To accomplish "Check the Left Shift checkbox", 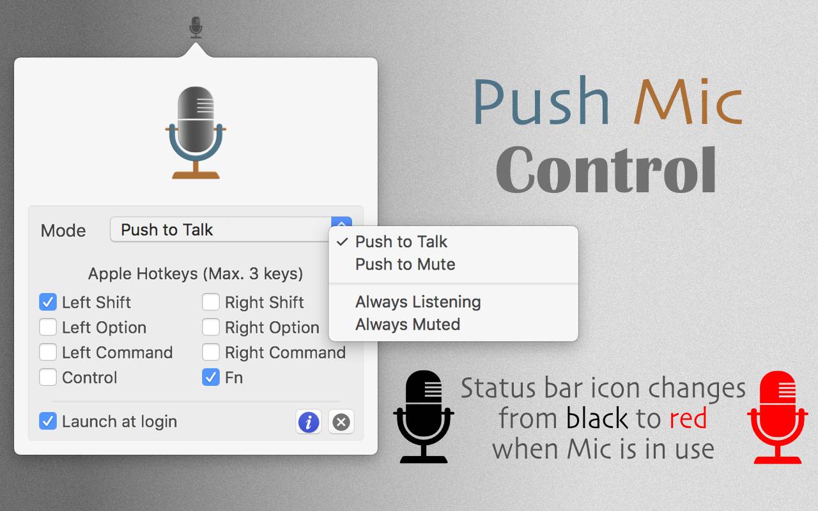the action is tap(48, 302).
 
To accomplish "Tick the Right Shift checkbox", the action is tap(211, 302).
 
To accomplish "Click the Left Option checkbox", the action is tap(48, 327).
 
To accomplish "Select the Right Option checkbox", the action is tap(211, 327).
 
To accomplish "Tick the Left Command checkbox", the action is tap(48, 352).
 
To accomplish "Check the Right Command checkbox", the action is tap(211, 352).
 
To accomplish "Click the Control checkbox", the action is tap(48, 378).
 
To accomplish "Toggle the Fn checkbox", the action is tap(211, 378).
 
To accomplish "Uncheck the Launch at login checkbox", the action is tap(48, 421).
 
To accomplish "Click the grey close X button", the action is tap(341, 422).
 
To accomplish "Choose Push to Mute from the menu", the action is tap(405, 264).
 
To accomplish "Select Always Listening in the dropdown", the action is tap(418, 302).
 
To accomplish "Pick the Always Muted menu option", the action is tap(408, 324).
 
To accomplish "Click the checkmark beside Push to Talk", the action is tap(342, 241).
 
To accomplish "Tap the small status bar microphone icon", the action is tap(196, 27).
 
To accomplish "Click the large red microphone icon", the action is tap(778, 417).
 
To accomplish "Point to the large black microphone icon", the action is tap(424, 417).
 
